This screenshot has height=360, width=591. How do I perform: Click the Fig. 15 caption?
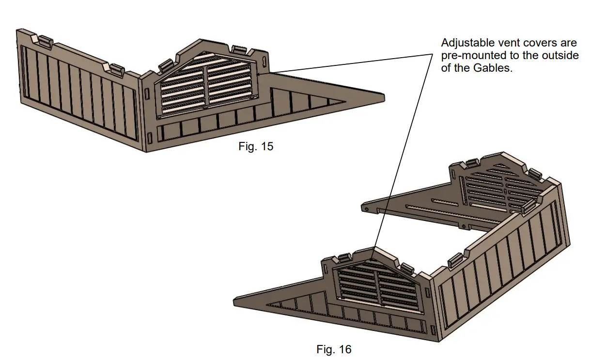(256, 146)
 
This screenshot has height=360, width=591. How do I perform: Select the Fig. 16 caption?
(334, 349)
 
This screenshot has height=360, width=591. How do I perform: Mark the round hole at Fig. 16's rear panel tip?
(368, 208)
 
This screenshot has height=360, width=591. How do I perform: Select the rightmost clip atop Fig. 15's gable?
(238, 49)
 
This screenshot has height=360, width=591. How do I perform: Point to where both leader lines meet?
(432, 54)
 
